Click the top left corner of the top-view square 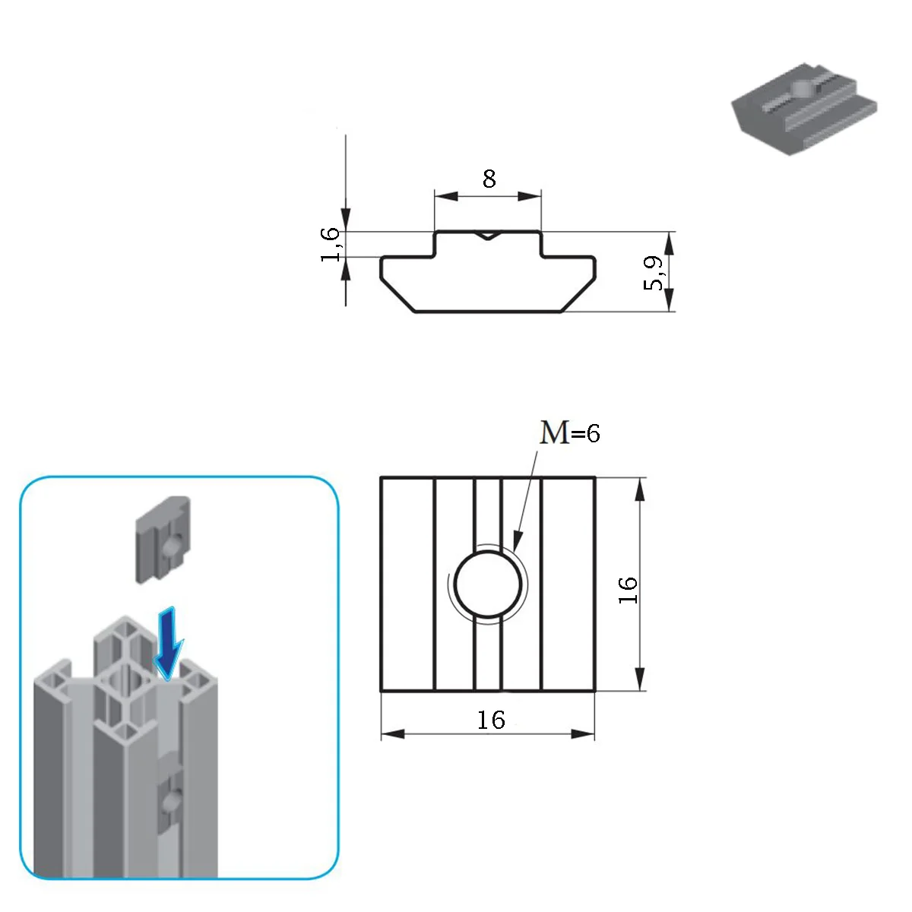382,478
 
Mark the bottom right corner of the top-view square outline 594,691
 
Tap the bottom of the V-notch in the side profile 487,239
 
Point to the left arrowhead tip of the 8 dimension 435,195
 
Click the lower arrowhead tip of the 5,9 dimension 669,311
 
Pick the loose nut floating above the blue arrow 163,539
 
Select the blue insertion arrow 169,643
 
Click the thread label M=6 570,432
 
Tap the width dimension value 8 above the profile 489,179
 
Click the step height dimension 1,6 331,244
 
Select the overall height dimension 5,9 654,273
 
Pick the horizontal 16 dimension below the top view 491,720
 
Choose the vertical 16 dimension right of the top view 628,591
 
